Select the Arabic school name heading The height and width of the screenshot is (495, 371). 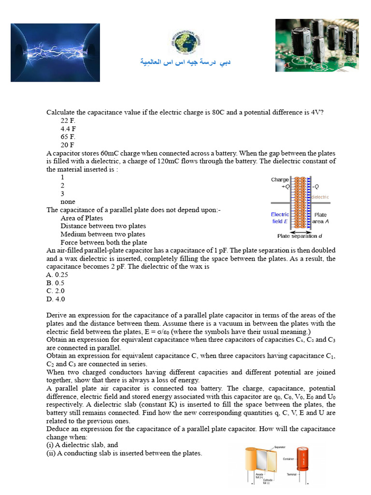185,63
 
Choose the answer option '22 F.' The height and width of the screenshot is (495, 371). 68,120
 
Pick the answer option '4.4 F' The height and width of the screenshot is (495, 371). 68,129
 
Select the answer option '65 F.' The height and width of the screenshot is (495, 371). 68,137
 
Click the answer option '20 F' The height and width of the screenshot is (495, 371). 68,145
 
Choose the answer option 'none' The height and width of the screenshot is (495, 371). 68,202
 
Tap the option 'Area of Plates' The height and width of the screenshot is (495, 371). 82,218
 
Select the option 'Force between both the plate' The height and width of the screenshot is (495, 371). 104,242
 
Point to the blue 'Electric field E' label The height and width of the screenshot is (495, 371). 280,218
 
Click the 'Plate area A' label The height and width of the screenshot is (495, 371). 321,218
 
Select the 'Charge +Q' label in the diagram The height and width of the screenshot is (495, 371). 280,183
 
